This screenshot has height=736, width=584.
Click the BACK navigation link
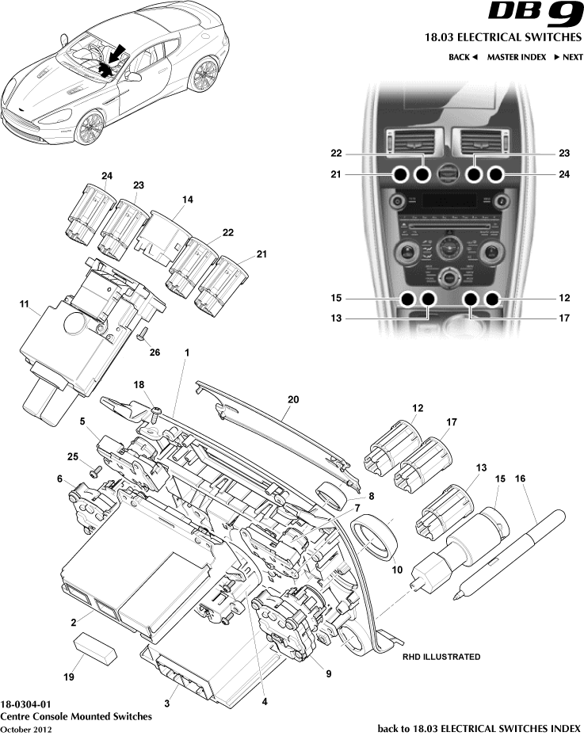click(x=464, y=57)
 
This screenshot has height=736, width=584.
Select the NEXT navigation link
click(x=568, y=57)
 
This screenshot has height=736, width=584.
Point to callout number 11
click(x=24, y=303)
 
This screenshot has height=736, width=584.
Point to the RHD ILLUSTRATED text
click(x=441, y=657)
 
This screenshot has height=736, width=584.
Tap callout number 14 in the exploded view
click(x=186, y=201)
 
